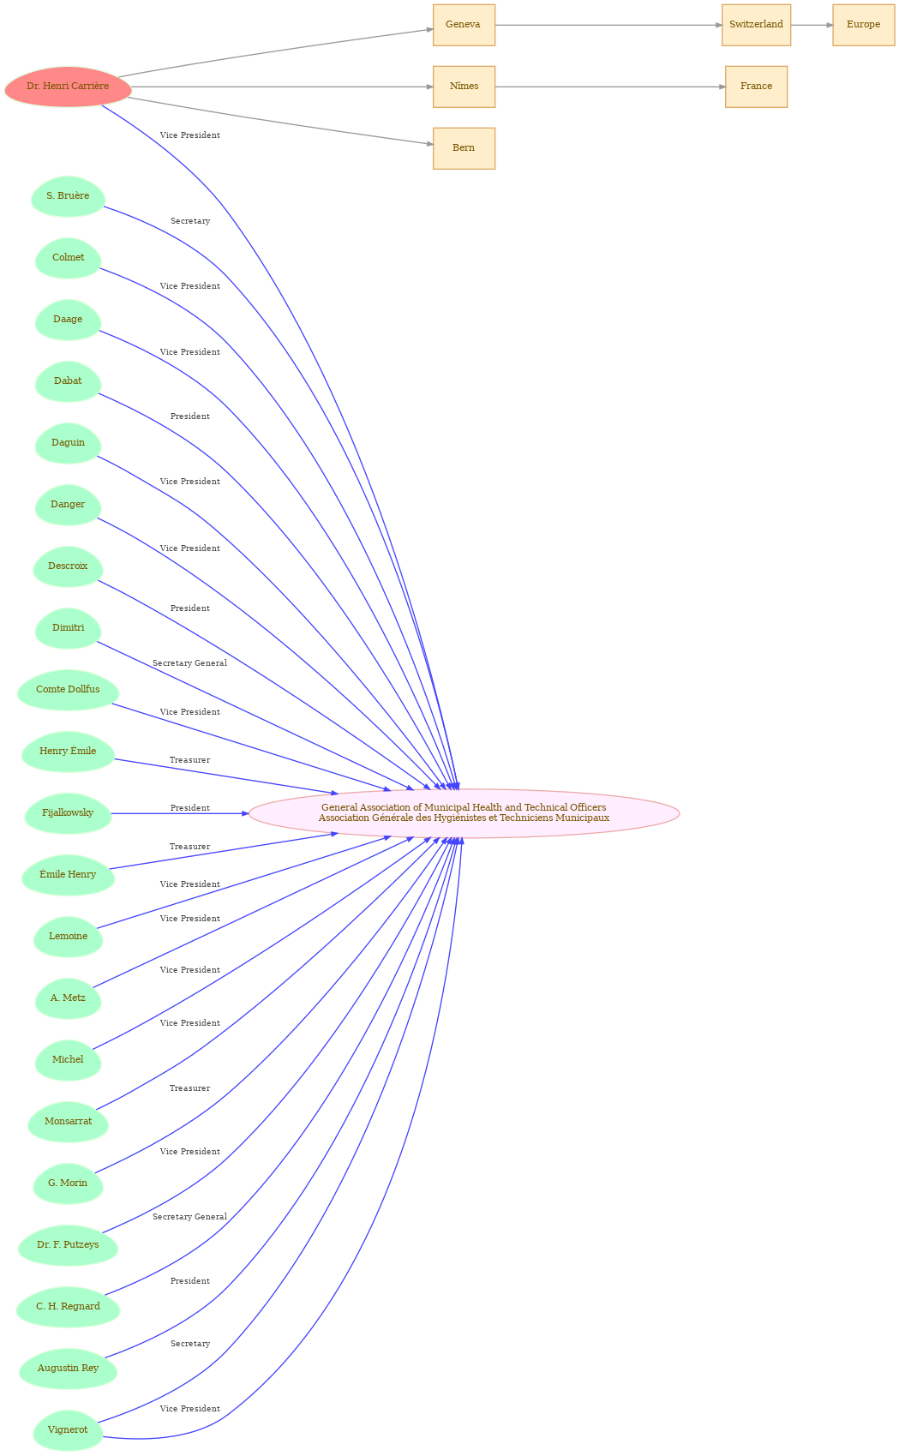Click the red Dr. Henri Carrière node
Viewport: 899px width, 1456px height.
point(68,87)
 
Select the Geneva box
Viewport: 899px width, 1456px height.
point(464,25)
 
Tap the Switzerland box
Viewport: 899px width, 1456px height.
point(756,25)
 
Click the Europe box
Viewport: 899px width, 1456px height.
point(863,25)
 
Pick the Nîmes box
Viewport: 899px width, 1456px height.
point(464,87)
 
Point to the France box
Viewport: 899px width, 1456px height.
point(756,87)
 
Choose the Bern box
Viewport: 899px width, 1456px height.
point(464,148)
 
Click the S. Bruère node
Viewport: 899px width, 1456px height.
point(68,196)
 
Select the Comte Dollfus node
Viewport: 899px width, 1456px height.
point(68,690)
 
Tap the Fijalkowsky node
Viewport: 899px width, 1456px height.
point(68,813)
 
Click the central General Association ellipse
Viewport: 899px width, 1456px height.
point(464,813)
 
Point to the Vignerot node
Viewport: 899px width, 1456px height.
point(68,1430)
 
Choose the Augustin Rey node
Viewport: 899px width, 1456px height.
point(68,1369)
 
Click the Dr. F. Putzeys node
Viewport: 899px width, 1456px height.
point(68,1244)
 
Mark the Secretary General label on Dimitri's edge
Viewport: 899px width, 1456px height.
point(189,663)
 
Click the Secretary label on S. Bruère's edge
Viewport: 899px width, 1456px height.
point(189,221)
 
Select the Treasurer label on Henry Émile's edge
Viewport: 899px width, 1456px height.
point(189,760)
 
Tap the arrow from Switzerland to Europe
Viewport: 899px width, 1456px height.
point(812,25)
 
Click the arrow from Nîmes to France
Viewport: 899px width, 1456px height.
point(610,87)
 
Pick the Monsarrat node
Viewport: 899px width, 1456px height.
point(68,1121)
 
